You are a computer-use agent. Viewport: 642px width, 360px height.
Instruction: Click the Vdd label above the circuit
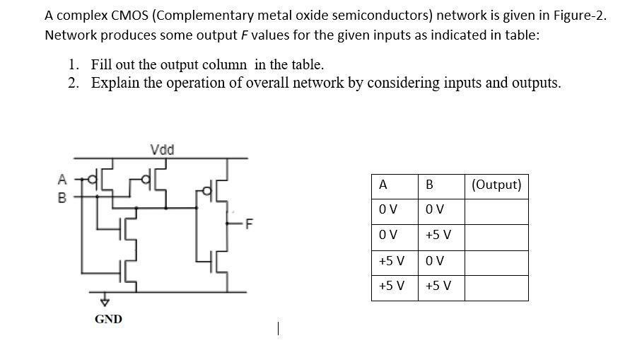(x=163, y=149)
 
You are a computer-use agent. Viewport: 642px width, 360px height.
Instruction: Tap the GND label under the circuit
(x=108, y=319)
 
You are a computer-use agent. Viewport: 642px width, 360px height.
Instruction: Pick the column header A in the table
(x=383, y=185)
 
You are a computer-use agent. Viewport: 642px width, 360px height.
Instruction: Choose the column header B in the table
(x=428, y=185)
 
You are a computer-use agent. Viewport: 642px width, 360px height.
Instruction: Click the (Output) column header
(x=496, y=185)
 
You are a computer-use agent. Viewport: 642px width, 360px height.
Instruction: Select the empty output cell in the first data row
(x=496, y=211)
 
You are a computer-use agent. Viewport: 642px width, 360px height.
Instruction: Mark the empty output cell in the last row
(x=496, y=287)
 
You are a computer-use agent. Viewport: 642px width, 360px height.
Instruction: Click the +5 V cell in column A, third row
(x=392, y=262)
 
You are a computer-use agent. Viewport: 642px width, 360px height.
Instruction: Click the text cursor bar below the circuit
(x=280, y=328)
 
